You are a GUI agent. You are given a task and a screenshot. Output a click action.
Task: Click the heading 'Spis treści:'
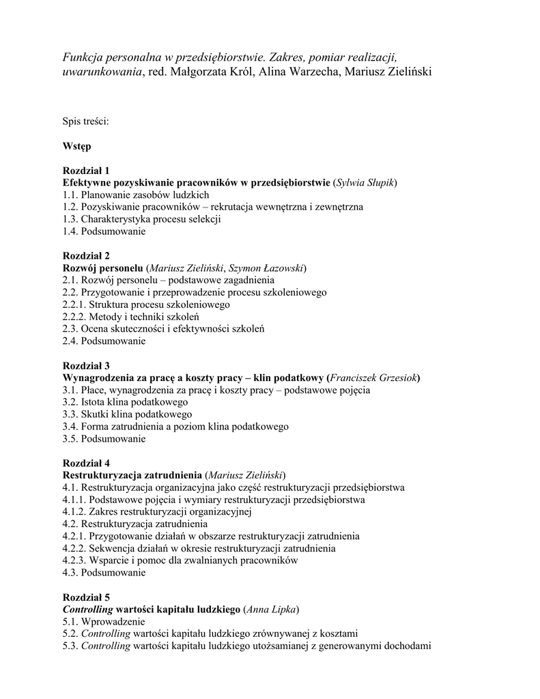(86, 122)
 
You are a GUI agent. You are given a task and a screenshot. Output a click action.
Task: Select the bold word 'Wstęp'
(76, 146)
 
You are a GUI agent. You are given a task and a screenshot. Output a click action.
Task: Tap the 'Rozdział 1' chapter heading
(85, 171)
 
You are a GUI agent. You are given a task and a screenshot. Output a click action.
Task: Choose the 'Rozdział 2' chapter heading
(85, 256)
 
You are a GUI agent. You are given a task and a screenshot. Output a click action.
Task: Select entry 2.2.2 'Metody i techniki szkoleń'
(130, 317)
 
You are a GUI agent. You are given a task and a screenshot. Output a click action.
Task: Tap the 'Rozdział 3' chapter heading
(85, 366)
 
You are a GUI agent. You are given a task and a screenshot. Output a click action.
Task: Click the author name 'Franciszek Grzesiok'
(373, 378)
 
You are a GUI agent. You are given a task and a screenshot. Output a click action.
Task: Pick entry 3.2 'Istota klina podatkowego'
(125, 402)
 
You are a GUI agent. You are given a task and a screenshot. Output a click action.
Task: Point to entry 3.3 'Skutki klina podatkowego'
(127, 414)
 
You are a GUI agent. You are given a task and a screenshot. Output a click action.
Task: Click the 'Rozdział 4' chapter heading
(85, 463)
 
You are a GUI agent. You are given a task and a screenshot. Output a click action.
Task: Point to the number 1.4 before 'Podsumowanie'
(70, 231)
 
